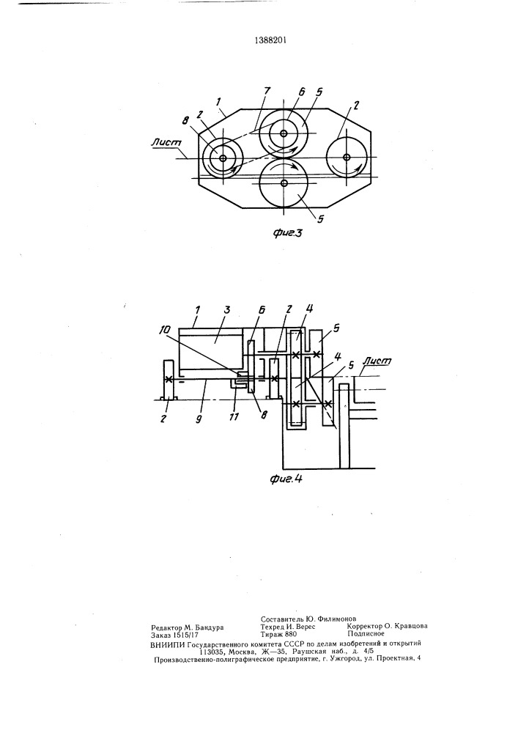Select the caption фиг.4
(286, 479)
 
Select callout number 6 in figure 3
(302, 92)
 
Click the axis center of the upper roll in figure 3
(284, 133)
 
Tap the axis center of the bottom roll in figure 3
(284, 184)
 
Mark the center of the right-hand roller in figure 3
(346, 156)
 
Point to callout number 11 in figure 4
(234, 417)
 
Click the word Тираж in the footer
(273, 634)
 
